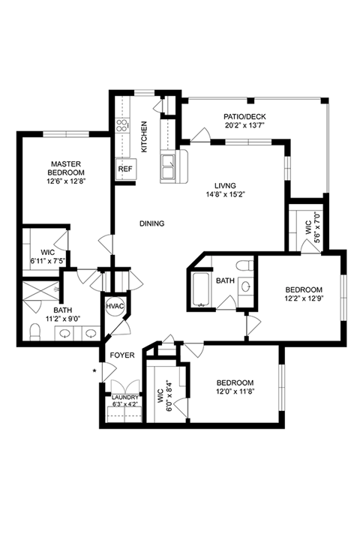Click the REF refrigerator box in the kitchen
[126, 169]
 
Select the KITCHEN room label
[144, 136]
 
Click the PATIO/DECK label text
[244, 117]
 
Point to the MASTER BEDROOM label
[66, 168]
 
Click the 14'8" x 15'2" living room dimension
[225, 194]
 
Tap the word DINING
[152, 223]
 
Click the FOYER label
[122, 355]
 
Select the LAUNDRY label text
[125, 397]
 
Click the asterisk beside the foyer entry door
[94, 371]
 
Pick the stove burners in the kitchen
[122, 125]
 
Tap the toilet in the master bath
[34, 331]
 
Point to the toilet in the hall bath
[244, 265]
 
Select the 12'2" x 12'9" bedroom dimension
[304, 298]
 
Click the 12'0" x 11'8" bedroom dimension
[235, 391]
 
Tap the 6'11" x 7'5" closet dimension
[48, 261]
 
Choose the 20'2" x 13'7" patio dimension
[244, 125]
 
